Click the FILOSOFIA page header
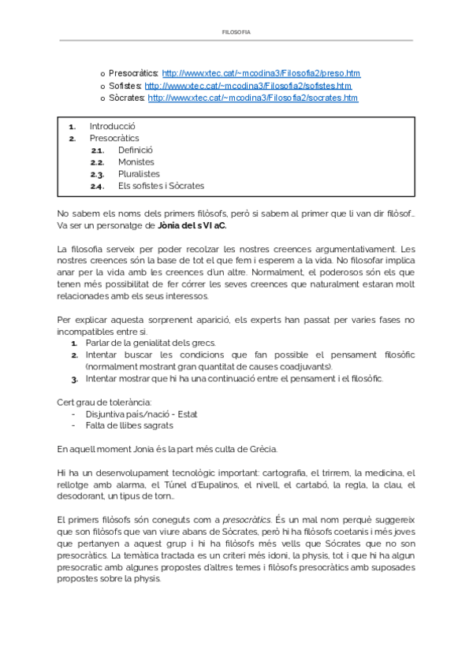(x=236, y=32)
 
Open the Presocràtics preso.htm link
(x=261, y=73)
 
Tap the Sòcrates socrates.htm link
(x=252, y=98)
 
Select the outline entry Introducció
(x=113, y=126)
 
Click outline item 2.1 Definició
(x=136, y=150)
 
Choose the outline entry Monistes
(x=136, y=161)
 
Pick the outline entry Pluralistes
(x=139, y=174)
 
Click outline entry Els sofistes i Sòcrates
(x=161, y=186)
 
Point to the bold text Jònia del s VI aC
(x=192, y=226)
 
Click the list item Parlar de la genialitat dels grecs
(x=151, y=343)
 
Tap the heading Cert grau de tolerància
(x=104, y=403)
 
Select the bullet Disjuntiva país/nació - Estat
(x=143, y=414)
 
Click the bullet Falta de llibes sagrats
(x=129, y=426)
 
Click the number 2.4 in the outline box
(x=97, y=187)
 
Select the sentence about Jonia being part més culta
(x=167, y=449)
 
